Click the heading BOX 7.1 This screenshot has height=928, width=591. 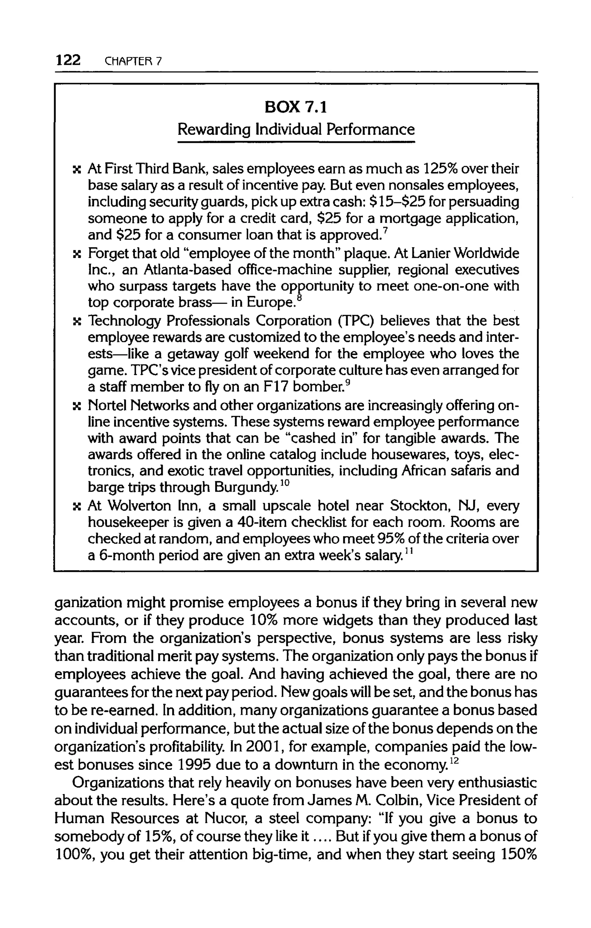click(296, 107)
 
